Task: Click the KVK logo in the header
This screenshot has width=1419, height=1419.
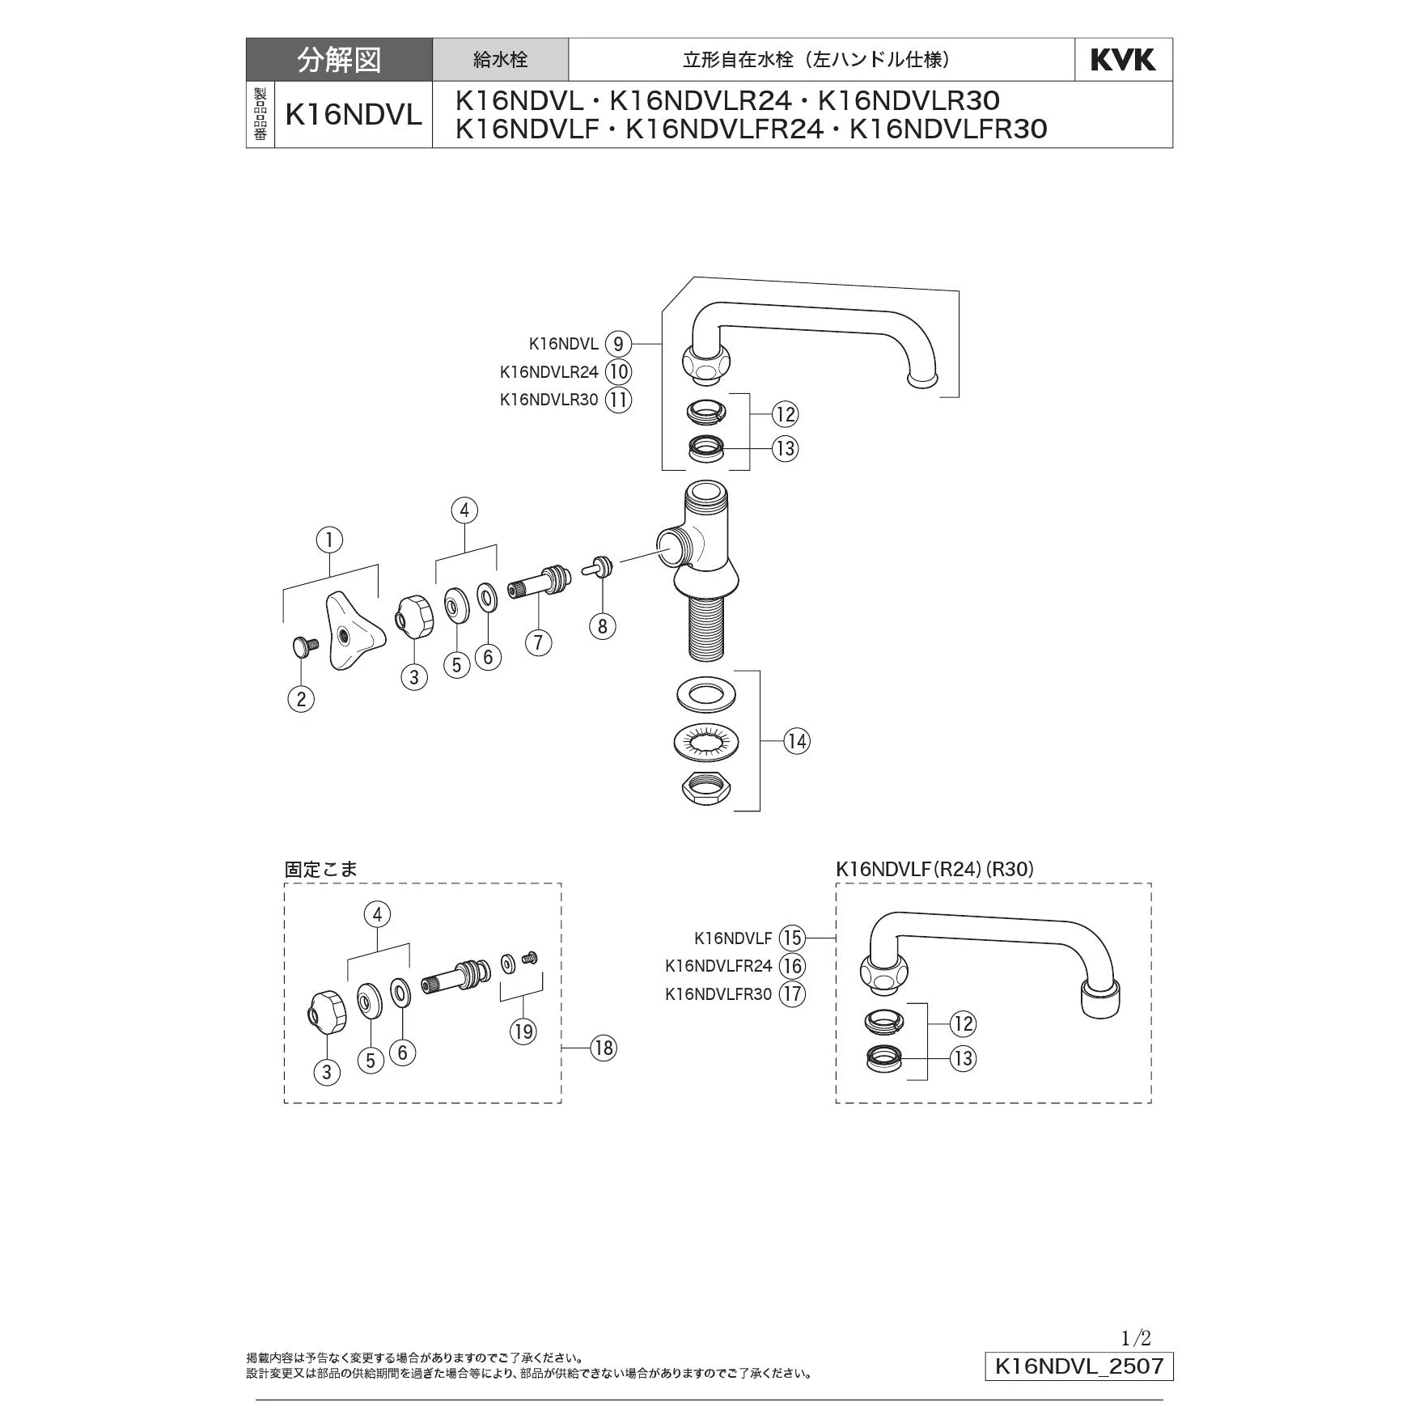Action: (x=1123, y=60)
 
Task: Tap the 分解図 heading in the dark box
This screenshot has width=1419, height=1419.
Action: (x=339, y=60)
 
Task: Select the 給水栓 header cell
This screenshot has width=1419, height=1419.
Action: (x=500, y=60)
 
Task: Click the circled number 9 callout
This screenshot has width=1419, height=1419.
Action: (x=618, y=344)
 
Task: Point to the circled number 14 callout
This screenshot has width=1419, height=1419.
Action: (x=797, y=740)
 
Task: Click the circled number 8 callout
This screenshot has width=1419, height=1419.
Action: (x=602, y=625)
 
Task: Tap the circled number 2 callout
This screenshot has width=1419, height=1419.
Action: (x=301, y=699)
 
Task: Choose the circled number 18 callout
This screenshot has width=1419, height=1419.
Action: (x=604, y=1048)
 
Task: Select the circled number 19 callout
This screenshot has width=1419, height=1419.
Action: (x=523, y=1031)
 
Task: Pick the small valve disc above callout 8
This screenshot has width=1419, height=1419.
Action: (x=599, y=566)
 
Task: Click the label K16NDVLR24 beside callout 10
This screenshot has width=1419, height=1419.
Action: (x=549, y=372)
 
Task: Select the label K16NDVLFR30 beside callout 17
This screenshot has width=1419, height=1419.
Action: (x=718, y=993)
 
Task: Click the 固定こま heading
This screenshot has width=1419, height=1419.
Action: (x=320, y=869)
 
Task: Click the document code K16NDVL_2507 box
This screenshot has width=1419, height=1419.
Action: (x=1078, y=1366)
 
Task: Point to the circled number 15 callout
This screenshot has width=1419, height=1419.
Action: (x=792, y=938)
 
